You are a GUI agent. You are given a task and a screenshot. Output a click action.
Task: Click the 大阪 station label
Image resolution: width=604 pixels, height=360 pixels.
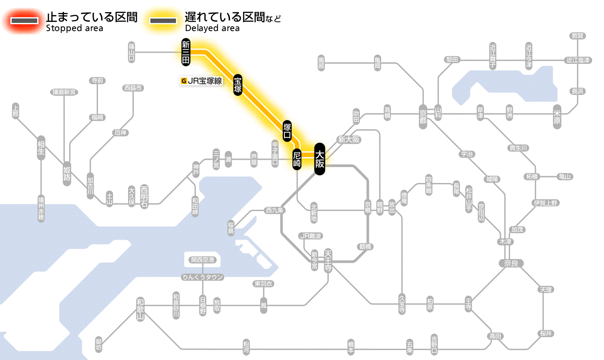click(319, 159)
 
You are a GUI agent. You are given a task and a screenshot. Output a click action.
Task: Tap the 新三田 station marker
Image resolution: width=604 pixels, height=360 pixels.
click(186, 52)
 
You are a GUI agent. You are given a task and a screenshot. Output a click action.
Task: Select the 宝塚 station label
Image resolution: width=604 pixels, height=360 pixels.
click(238, 85)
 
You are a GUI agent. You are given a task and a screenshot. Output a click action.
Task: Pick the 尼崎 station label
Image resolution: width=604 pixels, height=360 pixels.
click(297, 159)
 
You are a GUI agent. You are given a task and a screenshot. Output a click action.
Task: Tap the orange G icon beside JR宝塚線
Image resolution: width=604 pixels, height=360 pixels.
click(184, 80)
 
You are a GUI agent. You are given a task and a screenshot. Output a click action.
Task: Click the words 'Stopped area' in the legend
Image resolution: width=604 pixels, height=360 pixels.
click(74, 28)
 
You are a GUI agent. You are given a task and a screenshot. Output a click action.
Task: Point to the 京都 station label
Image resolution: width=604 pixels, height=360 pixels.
click(423, 116)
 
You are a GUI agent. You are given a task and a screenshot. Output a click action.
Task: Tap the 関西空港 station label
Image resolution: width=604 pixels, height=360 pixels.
click(205, 260)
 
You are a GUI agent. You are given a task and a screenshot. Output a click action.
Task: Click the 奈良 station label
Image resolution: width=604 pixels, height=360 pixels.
click(511, 263)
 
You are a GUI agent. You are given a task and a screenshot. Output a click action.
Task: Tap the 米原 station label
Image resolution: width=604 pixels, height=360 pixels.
click(557, 117)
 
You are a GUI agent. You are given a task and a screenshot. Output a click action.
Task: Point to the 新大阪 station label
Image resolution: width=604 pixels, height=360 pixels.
click(349, 139)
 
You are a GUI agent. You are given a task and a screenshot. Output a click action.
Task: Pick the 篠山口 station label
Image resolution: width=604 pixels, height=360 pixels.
click(132, 52)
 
